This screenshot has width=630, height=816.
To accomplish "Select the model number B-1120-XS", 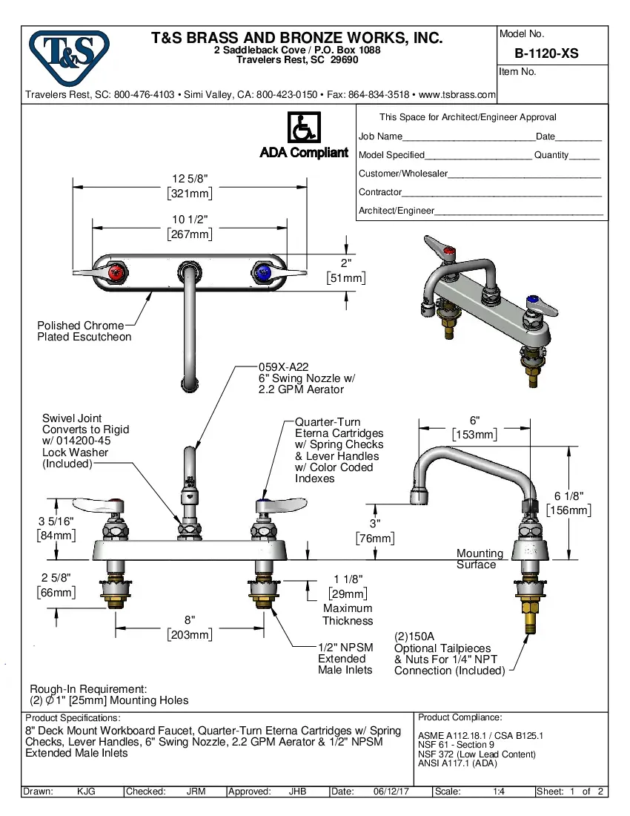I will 546,53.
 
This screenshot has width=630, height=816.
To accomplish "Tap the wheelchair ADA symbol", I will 302,128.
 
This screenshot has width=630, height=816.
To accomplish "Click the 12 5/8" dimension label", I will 190,179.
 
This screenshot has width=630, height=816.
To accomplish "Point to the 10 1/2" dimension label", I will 190,220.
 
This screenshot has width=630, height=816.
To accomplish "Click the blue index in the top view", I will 262,272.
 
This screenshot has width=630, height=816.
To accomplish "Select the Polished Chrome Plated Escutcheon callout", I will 84,331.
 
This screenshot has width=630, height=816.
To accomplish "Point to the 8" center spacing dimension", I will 190,619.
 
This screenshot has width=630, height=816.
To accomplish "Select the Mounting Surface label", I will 480,559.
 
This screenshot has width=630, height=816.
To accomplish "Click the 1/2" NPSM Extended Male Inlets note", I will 345,658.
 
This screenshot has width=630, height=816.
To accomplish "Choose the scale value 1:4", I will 499,792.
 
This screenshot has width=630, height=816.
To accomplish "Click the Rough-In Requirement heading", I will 88,689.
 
